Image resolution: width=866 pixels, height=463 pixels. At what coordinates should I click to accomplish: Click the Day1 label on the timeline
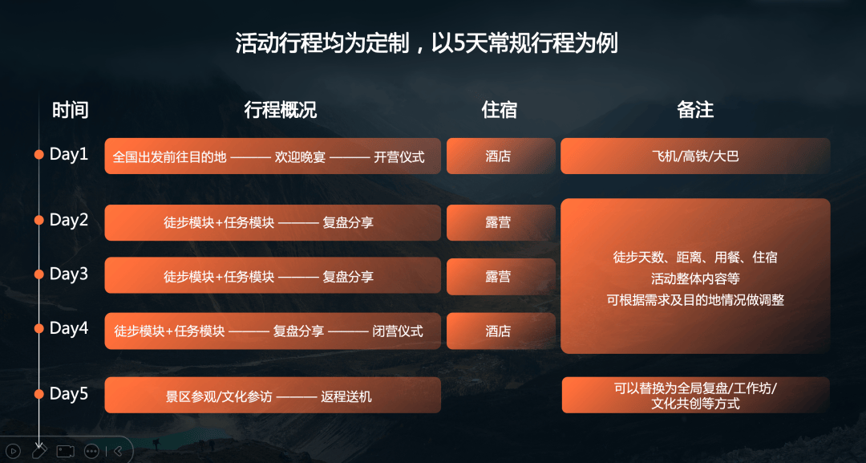point(68,154)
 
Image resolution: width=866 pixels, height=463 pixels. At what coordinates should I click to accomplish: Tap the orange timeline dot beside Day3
point(38,274)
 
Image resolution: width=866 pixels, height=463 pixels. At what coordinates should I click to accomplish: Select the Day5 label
point(68,393)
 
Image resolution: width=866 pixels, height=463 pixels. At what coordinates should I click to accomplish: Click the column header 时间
point(70,110)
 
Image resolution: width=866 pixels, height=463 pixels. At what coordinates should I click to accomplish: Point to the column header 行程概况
point(281,110)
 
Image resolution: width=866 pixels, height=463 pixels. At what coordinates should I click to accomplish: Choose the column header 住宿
point(500,110)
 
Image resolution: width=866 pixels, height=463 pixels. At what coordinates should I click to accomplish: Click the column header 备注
point(695,110)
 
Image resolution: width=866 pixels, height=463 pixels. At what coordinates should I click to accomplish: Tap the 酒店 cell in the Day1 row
point(498,156)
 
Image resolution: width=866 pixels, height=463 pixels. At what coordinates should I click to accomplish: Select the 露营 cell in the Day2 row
point(498,222)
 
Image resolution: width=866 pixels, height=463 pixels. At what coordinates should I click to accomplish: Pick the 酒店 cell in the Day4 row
point(498,331)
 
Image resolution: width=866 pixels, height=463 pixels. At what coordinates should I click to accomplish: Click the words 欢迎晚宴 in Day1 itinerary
point(300,157)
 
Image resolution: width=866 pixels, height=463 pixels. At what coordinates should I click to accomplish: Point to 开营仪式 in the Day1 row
point(399,157)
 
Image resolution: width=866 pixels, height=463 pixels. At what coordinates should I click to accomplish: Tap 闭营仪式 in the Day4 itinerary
point(397,331)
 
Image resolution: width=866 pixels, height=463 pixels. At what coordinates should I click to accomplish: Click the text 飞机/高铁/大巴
point(695,156)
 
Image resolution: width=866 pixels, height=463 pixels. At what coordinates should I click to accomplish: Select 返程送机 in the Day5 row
point(346,396)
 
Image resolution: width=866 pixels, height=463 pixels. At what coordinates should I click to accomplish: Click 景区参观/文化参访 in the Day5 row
point(219,396)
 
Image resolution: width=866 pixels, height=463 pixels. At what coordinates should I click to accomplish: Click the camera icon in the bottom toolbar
point(65,452)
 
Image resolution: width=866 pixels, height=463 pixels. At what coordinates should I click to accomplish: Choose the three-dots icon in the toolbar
point(91,452)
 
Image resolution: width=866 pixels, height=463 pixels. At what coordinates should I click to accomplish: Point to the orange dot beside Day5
point(38,394)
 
